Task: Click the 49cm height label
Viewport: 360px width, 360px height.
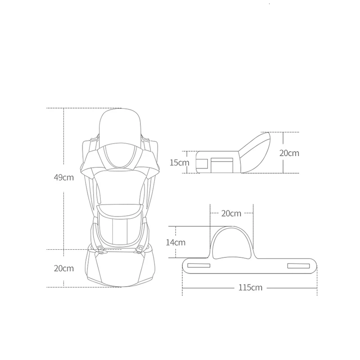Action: [x=64, y=177]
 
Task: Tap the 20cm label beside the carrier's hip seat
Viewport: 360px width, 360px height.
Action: [x=64, y=268]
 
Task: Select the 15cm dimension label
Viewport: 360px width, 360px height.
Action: [x=180, y=162]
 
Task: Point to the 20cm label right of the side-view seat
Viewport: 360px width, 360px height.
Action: [x=289, y=153]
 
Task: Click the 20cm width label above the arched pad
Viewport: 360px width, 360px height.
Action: [x=231, y=213]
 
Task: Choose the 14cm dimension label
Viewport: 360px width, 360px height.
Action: [x=175, y=243]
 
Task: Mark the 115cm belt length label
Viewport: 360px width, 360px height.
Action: [x=250, y=288]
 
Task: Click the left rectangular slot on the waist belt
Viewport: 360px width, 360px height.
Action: [x=199, y=265]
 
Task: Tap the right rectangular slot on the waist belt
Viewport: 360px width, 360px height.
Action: [x=298, y=266]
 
